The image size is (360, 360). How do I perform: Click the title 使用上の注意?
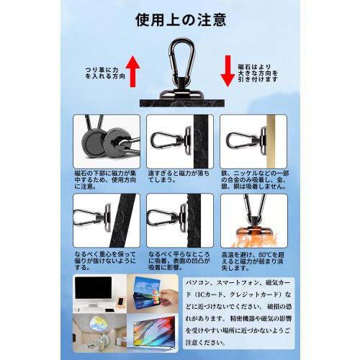(179, 19)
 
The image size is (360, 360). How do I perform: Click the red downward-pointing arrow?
(227, 71)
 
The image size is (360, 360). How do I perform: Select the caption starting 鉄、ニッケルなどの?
(252, 179)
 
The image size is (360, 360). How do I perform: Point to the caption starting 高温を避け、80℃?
(252, 260)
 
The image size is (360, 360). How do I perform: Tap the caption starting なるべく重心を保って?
(107, 260)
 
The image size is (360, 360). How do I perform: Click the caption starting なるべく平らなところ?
(179, 260)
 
